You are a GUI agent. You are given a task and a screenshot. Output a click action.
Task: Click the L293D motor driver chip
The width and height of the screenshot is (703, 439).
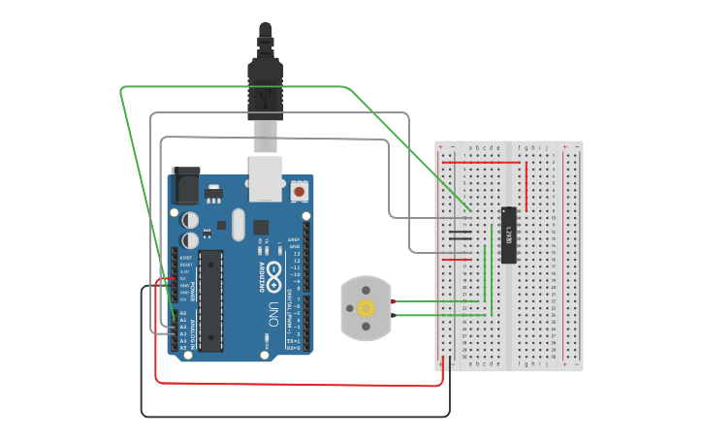[x=508, y=235]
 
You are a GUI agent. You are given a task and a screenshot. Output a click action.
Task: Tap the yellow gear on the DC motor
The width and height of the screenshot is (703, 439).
[x=366, y=308]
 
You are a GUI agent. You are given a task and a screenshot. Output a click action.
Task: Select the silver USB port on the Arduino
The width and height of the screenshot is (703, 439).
[x=266, y=177]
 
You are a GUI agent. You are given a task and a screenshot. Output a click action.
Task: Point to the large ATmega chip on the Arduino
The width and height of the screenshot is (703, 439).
[x=212, y=299]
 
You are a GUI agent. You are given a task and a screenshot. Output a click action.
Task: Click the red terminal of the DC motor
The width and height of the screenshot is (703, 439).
[x=393, y=301]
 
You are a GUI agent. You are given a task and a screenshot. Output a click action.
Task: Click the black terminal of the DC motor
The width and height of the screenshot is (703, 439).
[x=393, y=315]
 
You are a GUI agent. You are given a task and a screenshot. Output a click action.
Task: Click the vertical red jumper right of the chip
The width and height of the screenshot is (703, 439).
[x=526, y=186]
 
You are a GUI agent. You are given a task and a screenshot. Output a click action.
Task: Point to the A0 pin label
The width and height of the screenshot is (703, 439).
[x=183, y=312]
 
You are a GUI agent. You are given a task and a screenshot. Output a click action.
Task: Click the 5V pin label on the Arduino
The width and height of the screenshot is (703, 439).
[x=184, y=278]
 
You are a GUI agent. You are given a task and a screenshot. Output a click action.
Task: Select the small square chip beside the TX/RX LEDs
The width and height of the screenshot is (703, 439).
[x=261, y=228]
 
